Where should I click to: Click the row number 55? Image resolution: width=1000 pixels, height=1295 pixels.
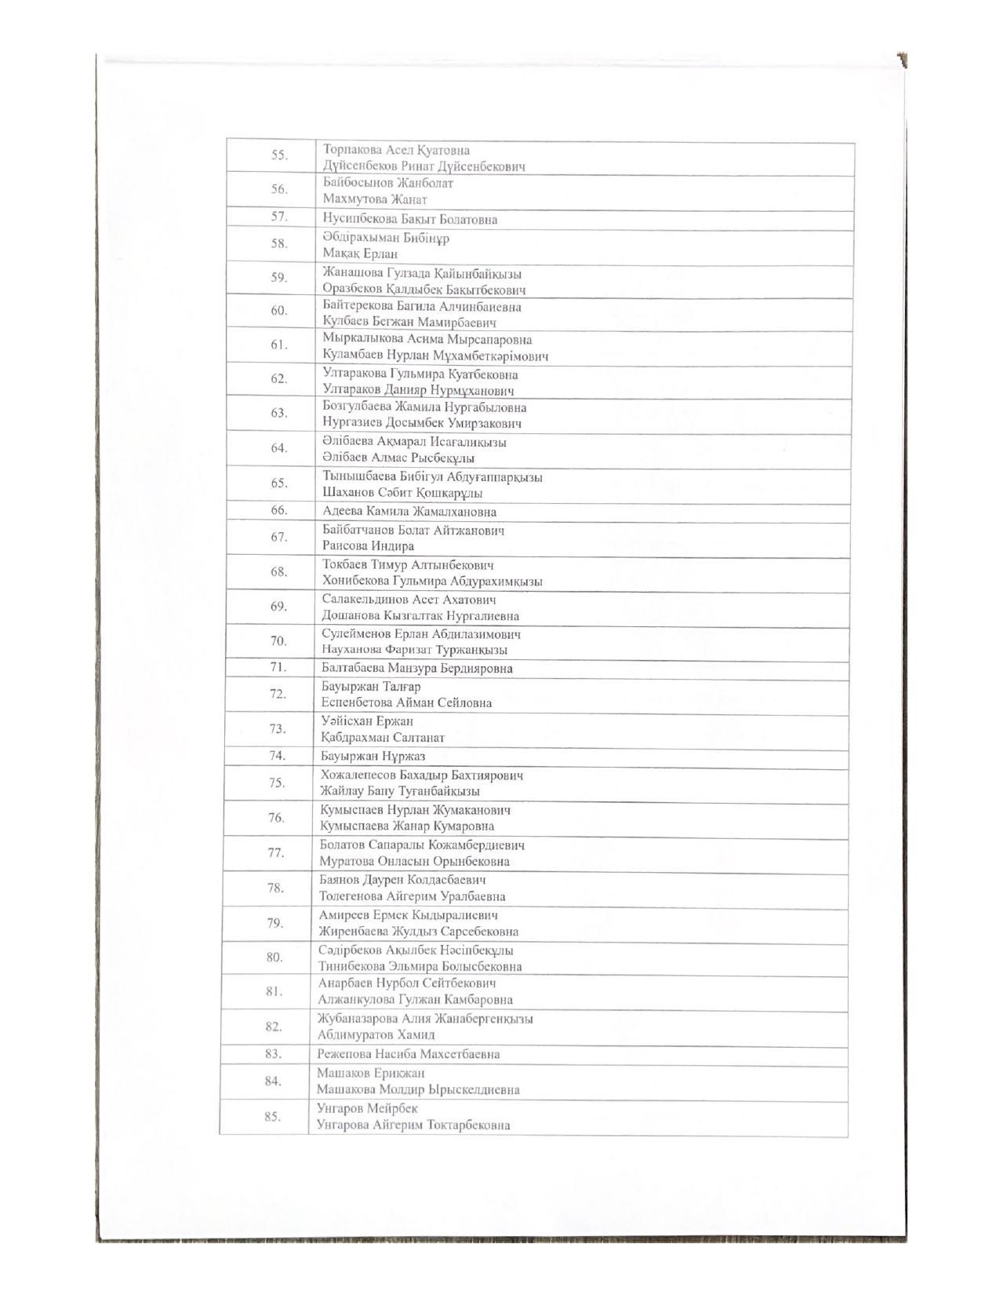coord(279,155)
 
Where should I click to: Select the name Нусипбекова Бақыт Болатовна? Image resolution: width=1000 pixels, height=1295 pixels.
coord(409,219)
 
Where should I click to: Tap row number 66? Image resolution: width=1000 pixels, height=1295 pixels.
coord(279,510)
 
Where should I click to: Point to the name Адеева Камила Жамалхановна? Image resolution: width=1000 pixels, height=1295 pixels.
coord(409,512)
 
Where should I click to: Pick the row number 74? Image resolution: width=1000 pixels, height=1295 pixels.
coord(276,756)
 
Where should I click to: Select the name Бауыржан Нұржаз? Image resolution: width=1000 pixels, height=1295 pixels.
coord(373,757)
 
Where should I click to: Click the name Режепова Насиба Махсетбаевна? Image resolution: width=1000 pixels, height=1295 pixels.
coord(408,1054)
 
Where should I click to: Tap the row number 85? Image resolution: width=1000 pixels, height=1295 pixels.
coord(272,1116)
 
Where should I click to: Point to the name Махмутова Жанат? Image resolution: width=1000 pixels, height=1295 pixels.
coord(375,199)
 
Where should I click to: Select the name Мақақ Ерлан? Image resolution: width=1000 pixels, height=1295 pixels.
coord(360,254)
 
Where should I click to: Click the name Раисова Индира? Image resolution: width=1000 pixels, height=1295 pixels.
coord(368,545)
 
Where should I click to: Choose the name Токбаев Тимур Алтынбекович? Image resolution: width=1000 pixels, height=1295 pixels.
coord(407,565)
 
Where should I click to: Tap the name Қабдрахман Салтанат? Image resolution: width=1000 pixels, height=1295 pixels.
coord(382,738)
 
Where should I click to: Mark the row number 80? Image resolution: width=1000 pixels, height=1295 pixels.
coord(275,957)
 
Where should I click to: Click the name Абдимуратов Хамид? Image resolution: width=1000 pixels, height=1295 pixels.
coord(376,1035)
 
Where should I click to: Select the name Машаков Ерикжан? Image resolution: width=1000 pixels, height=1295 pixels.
coord(370,1073)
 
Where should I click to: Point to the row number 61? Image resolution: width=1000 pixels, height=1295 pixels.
coord(278,345)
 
